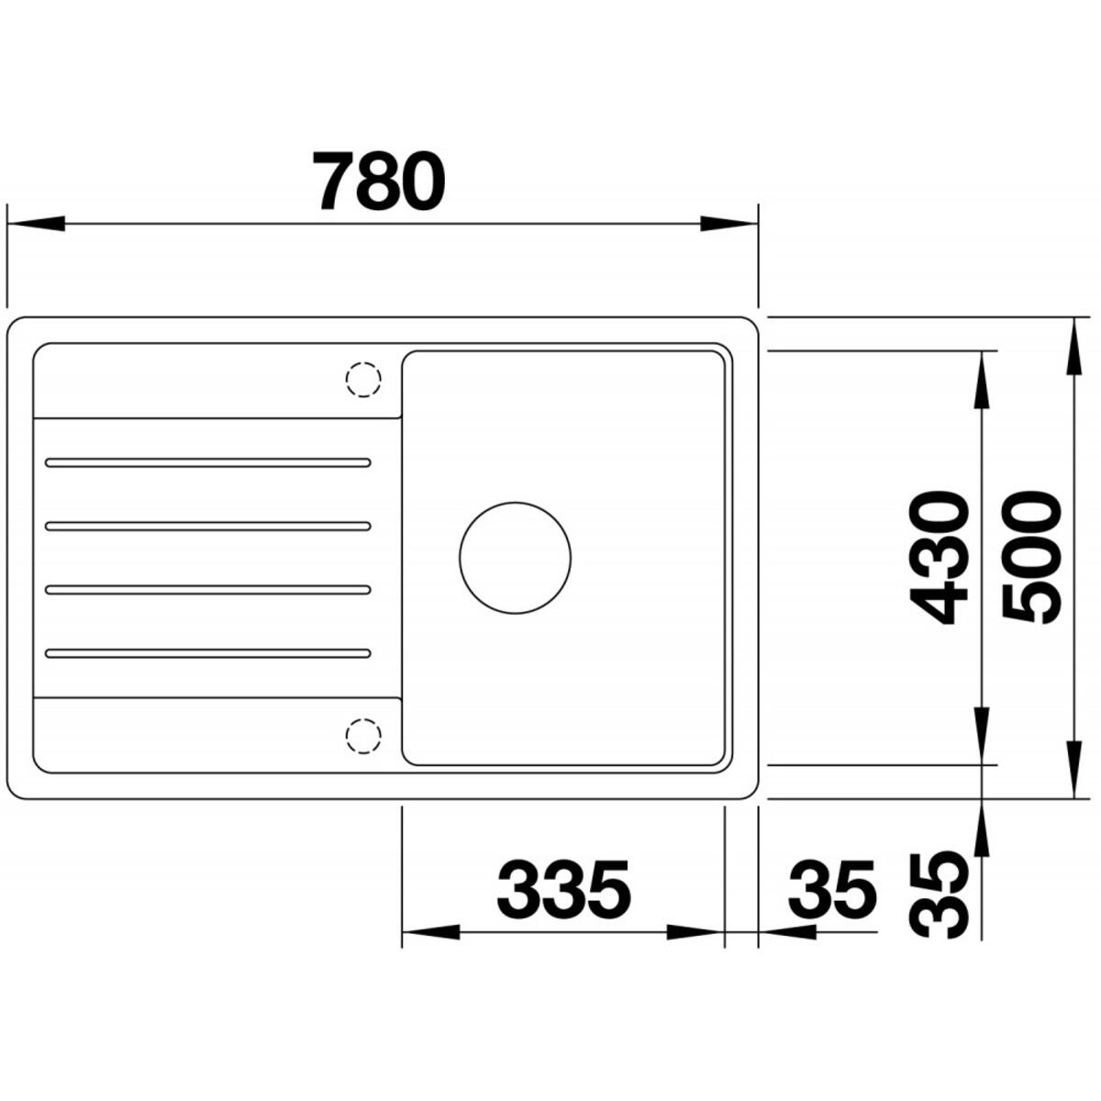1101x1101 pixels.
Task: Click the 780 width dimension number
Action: pos(379,181)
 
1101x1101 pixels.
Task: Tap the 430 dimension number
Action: pos(939,558)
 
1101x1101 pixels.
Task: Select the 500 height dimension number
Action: pos(1031,558)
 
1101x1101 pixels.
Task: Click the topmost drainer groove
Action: pos(208,462)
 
